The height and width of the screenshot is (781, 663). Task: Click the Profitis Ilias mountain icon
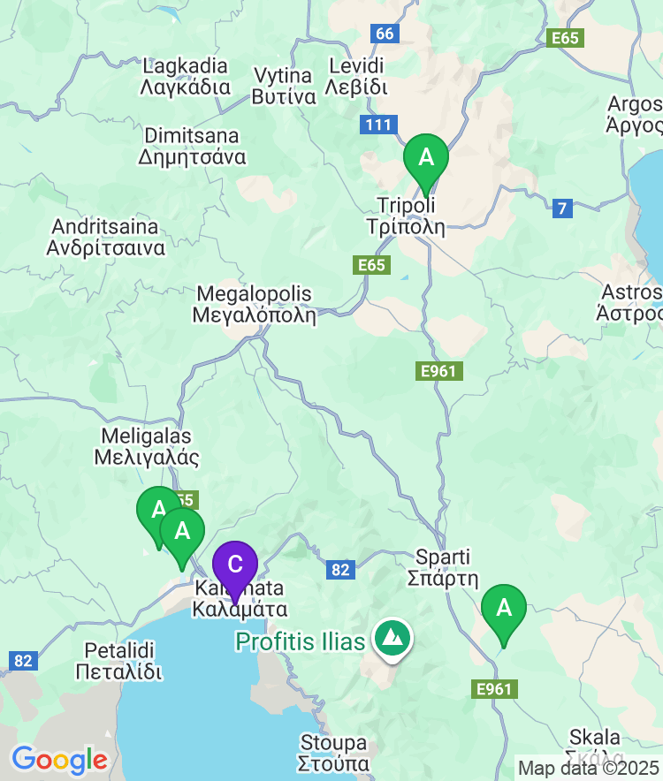[391, 637]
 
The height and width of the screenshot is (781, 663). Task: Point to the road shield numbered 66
[385, 34]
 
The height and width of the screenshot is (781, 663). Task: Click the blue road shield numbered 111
[377, 125]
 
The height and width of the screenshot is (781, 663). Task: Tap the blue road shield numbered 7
[563, 209]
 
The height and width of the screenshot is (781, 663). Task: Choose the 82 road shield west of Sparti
[340, 570]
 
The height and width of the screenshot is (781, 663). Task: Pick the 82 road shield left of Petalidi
[23, 660]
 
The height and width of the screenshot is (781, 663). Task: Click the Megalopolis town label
[255, 304]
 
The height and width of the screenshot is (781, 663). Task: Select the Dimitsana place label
[192, 147]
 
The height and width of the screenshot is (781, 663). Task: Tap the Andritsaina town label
[106, 237]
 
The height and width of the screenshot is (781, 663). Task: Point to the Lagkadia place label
[186, 76]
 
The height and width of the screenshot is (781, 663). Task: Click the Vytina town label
[284, 86]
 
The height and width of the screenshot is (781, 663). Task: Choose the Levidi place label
[356, 76]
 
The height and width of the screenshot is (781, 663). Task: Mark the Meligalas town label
[146, 446]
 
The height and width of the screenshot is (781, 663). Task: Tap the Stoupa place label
[333, 752]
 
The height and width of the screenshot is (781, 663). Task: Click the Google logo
[59, 759]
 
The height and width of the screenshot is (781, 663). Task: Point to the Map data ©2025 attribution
[589, 768]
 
